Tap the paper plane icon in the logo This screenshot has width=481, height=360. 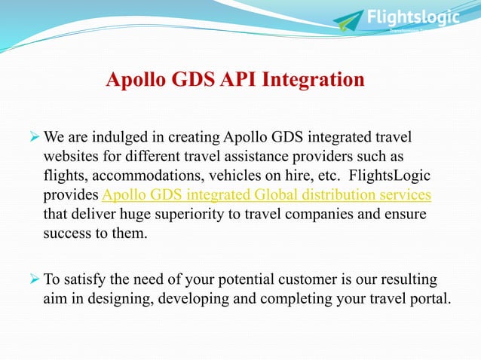(348, 20)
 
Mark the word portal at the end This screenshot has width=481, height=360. (430, 299)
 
